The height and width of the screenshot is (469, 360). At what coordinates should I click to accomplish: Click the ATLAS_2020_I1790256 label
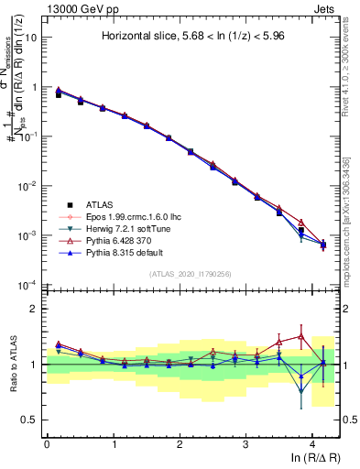coord(191,274)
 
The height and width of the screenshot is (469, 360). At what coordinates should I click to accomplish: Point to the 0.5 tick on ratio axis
coord(30,420)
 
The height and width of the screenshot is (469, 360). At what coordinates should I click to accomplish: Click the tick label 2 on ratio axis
coord(34,309)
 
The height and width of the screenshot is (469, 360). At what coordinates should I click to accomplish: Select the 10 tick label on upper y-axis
coord(31,38)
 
